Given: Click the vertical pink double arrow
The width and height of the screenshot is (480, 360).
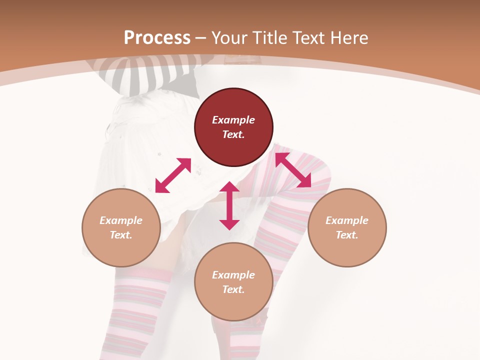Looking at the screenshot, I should coord(229,205).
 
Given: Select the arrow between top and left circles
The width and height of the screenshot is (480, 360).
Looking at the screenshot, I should coord(173,175).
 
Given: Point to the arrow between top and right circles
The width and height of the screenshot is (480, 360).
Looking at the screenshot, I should coord(293,170).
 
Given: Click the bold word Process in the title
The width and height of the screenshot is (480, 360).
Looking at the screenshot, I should coord(157,37).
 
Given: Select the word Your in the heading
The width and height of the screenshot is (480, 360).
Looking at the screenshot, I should coord(229,37).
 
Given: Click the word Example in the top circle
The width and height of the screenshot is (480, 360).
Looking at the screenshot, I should coord(233,120).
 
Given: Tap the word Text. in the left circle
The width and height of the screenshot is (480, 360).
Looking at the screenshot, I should coord(121,235).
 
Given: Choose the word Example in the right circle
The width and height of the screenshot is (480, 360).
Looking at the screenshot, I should coord(347,220).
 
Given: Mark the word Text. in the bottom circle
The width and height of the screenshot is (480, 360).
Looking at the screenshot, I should coord(233,289).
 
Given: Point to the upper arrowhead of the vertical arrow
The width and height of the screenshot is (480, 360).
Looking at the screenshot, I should coord(229,187).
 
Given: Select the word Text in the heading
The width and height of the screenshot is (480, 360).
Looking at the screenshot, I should coord(307,37).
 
